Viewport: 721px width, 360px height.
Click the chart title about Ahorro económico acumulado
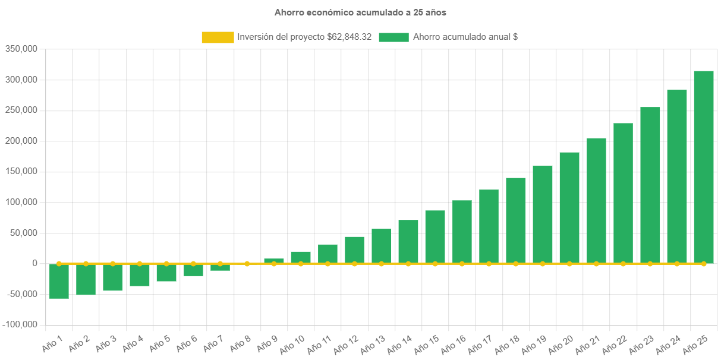(x=360, y=12)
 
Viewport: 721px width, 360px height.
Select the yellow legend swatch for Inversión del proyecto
(x=218, y=37)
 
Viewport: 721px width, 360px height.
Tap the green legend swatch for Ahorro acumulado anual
(x=393, y=37)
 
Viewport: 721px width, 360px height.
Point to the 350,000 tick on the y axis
(x=21, y=49)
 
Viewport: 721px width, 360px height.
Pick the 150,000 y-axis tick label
(x=21, y=171)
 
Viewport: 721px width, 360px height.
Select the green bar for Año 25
(x=704, y=166)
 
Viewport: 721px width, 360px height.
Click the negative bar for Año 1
(x=59, y=281)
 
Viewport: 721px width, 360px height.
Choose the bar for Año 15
(x=435, y=236)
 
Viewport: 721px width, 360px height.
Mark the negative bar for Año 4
(x=140, y=275)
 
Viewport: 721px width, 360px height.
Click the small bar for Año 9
(x=274, y=261)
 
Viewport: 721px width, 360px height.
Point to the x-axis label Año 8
(x=240, y=343)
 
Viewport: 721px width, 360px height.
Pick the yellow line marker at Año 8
(x=247, y=263)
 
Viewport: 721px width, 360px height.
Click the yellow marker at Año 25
(x=704, y=263)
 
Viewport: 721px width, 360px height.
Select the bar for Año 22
(x=623, y=192)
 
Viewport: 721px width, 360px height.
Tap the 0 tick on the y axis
(x=35, y=263)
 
